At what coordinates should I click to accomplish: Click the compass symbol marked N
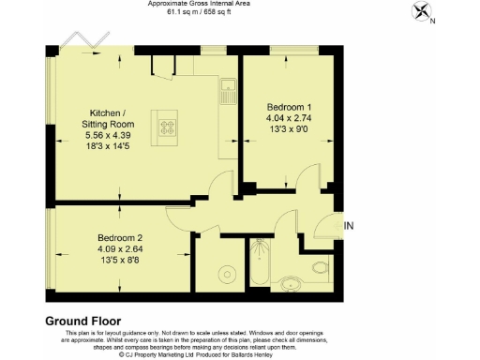coord(422,12)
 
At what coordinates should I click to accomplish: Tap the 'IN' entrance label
coord(350,226)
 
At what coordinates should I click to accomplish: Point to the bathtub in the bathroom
coord(260,268)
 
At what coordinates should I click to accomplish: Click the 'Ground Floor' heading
coord(83,321)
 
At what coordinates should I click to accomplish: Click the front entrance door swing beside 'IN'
coord(328,225)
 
